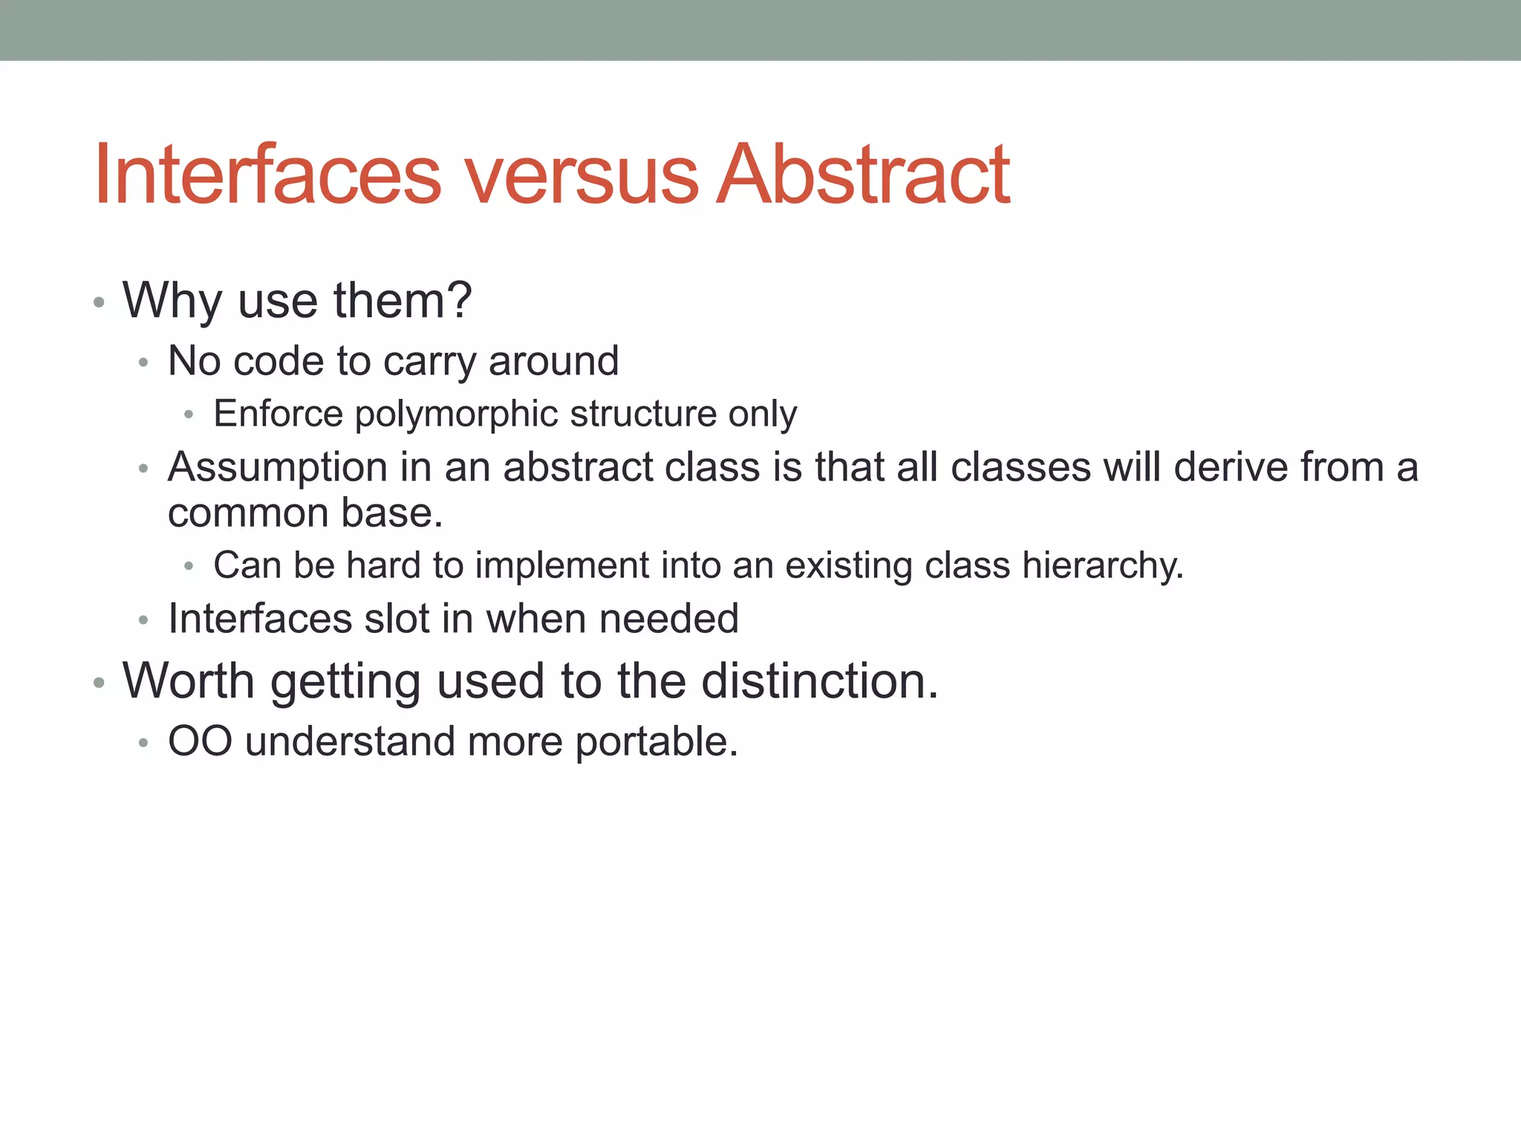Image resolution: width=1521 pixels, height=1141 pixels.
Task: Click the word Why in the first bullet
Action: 172,302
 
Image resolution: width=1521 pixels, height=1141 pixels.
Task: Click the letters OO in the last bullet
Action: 200,741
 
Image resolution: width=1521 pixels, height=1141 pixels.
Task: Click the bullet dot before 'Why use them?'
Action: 99,303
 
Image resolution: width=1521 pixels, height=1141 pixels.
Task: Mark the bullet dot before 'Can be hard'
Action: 189,567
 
